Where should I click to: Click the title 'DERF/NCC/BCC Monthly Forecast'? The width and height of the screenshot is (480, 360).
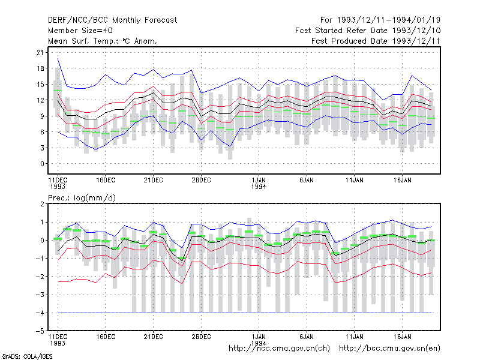point(112,20)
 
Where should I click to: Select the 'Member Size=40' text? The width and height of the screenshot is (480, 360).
point(80,31)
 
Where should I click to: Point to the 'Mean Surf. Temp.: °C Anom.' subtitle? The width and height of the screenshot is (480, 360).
point(102,41)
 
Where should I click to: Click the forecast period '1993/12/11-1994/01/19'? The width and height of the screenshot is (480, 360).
point(389,20)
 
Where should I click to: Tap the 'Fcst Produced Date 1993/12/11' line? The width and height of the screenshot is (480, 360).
point(376,41)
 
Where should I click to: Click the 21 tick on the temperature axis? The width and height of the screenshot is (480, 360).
point(40,53)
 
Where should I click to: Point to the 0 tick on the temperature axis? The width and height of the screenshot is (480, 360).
point(42,164)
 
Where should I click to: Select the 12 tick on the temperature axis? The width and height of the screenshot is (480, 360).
point(40,100)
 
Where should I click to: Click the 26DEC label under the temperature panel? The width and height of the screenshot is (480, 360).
point(201,180)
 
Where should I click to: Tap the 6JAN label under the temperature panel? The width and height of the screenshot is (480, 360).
point(307,180)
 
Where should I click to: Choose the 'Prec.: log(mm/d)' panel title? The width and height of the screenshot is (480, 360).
point(82,198)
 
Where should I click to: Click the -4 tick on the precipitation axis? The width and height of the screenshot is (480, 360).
point(40,313)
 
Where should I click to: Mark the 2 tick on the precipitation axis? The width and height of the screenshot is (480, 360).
point(42,204)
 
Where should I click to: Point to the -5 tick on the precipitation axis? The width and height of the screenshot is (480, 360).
point(40,331)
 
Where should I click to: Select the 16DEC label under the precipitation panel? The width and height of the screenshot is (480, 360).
point(106,337)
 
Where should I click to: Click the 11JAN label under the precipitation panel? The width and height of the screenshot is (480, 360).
point(355,337)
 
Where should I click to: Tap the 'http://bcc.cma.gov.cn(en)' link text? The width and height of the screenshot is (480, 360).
point(389,349)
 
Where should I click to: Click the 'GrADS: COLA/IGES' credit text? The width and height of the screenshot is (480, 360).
point(27,356)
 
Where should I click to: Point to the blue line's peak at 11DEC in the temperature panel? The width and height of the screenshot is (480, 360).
point(58,58)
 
